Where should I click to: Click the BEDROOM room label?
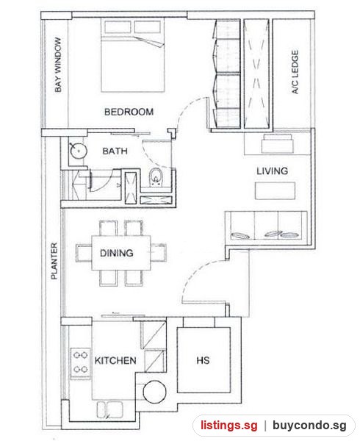coord(129,112)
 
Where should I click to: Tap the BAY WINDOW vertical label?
coord(58,65)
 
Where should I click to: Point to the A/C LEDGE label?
coord(295,72)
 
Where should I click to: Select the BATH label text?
coord(115,151)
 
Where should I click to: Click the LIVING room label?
coord(272,171)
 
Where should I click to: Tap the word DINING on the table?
coord(117,253)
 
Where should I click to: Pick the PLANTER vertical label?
coord(54,261)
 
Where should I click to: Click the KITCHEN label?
coord(115,361)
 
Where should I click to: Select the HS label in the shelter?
coord(203,360)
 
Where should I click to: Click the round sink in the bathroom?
coord(79,151)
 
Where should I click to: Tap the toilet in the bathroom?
coord(155,177)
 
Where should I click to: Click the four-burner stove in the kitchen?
coord(80,362)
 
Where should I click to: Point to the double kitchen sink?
coord(110,409)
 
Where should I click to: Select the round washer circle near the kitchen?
coord(154,392)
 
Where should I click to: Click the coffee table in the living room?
coord(275,191)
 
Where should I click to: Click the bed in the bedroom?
coord(132,55)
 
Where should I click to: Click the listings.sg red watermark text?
coord(228,425)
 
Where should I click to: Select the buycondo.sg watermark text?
coord(309,426)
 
